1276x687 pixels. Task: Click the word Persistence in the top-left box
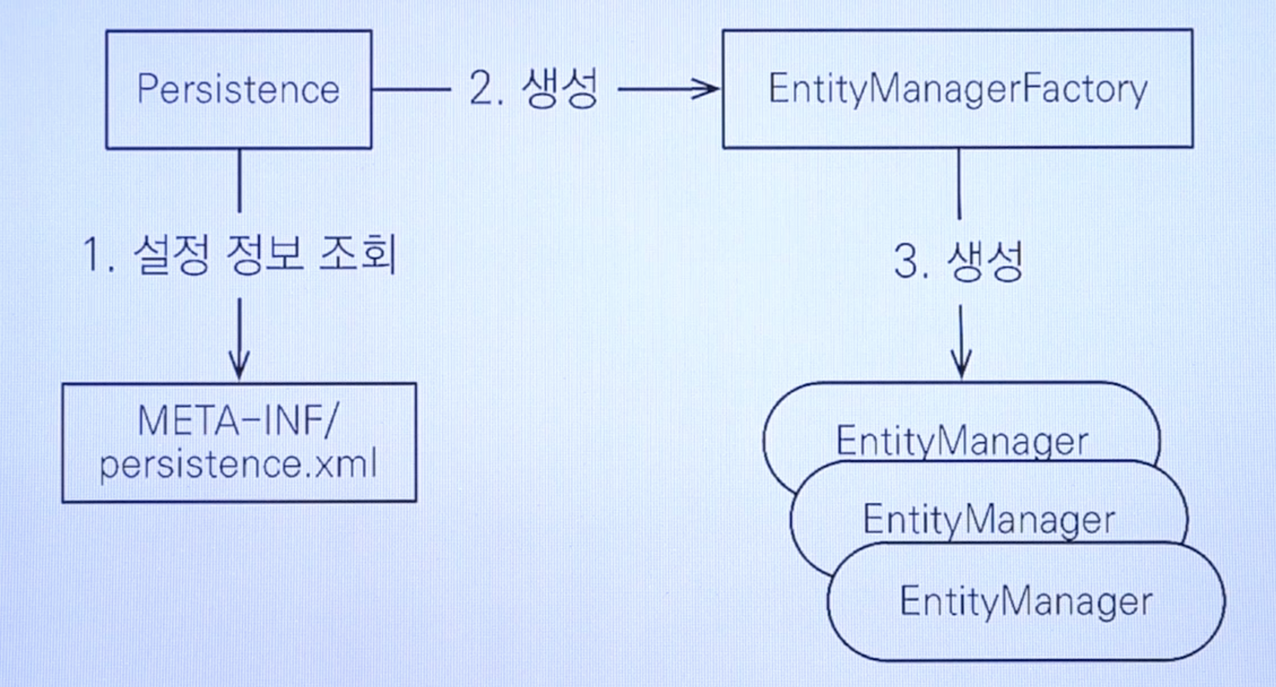(238, 90)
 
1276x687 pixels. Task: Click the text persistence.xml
(238, 465)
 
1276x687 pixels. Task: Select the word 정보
(264, 254)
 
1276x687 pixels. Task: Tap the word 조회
(358, 254)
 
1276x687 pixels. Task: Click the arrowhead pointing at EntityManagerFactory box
(708, 89)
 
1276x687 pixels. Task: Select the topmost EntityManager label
(962, 441)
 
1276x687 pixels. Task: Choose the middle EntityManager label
(989, 520)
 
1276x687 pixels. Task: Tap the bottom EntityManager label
(1026, 602)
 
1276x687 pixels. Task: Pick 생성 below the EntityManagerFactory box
(985, 261)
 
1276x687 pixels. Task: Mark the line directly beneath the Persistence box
(240, 181)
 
